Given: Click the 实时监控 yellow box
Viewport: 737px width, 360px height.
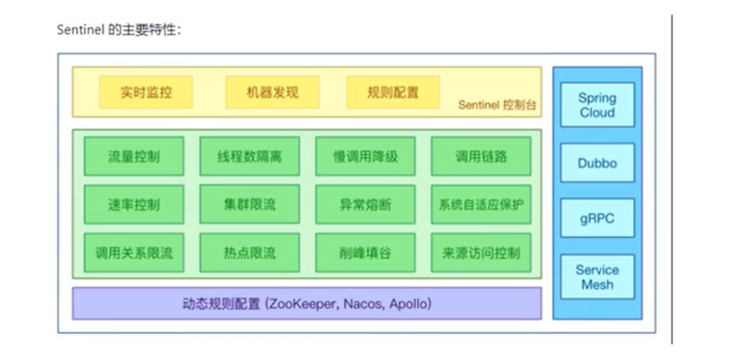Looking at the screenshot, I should (146, 93).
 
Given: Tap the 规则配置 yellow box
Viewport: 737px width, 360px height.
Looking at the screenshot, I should (393, 93).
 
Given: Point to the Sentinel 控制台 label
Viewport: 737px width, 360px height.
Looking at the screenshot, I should (497, 106).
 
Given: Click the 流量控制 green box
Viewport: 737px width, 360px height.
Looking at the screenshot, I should (134, 156).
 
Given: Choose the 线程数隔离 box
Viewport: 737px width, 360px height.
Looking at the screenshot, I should (250, 156).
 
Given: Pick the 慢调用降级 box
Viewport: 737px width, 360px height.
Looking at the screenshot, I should (365, 156).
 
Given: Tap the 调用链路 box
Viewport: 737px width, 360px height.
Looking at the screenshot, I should (481, 156).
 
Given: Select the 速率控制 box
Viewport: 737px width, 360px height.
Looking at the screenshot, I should (134, 205).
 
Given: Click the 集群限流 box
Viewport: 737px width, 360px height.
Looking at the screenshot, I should (250, 205).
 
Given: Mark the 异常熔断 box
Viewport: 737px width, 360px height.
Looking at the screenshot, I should (365, 205).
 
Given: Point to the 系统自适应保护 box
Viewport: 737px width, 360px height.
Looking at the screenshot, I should (481, 205).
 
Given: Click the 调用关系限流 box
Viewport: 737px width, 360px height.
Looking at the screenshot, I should (134, 253).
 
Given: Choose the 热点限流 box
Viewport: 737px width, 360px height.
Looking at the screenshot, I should (250, 253).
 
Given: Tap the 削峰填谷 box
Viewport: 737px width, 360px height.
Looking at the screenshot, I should (365, 253).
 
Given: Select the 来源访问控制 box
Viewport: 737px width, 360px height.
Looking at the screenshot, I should (481, 253).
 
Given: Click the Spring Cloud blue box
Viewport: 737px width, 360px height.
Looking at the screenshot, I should (597, 105).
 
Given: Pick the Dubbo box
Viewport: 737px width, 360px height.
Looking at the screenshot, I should (597, 163).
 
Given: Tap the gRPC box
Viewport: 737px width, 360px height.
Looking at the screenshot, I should (597, 218).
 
